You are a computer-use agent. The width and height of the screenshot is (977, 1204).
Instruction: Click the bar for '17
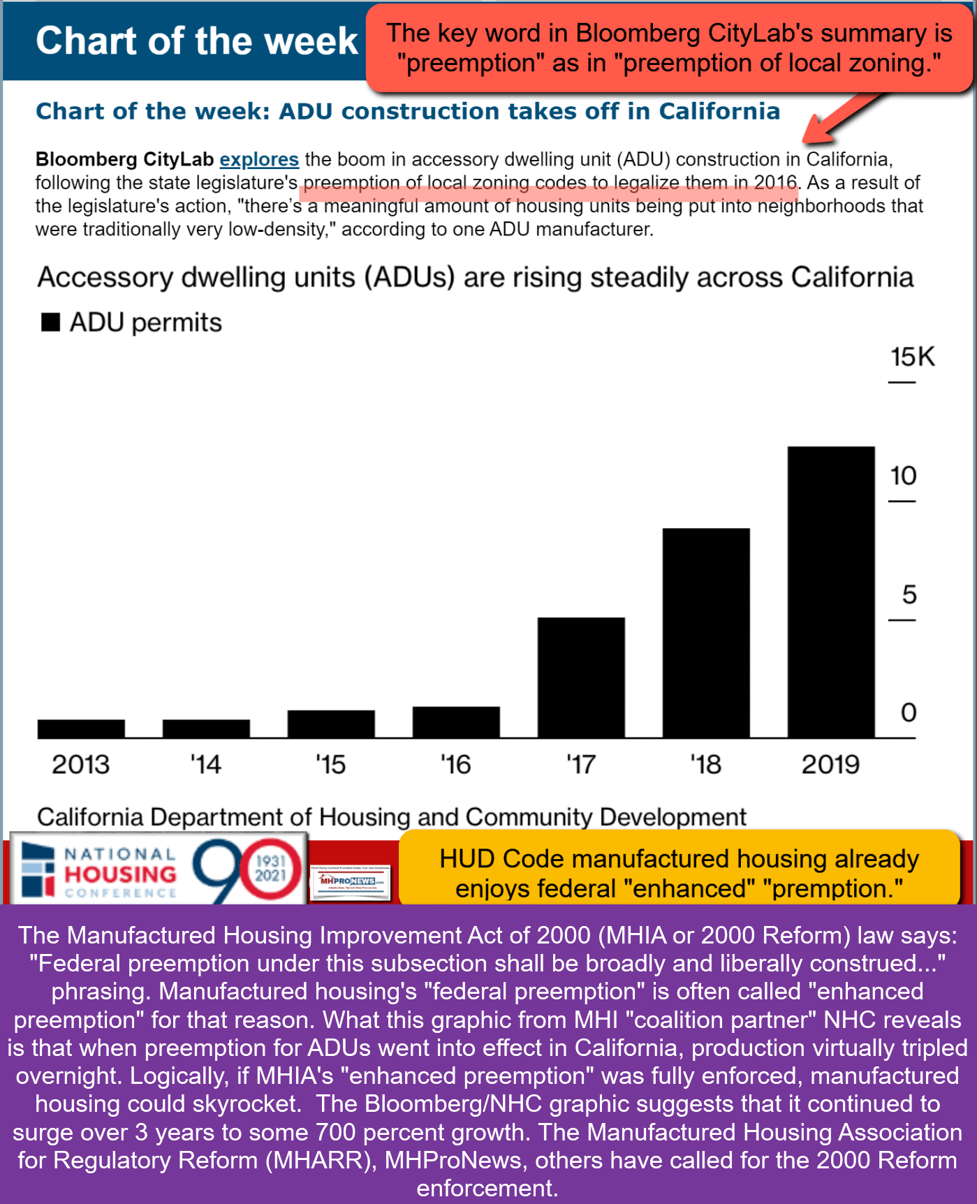point(581,677)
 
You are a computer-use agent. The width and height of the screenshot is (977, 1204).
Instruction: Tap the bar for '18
point(706,633)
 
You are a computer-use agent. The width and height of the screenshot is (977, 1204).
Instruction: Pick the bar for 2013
point(81,728)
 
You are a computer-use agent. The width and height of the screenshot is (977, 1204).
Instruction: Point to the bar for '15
point(331,724)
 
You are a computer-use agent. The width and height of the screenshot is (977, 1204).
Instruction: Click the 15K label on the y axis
point(912,357)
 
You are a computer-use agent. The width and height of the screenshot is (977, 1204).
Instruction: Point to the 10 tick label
point(903,476)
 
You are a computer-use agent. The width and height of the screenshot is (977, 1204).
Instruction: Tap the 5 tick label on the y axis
point(909,595)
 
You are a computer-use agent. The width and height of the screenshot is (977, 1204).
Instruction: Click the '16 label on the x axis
point(455,765)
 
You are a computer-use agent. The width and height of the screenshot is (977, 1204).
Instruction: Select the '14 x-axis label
point(206,765)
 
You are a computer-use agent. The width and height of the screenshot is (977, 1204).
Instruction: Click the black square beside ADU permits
point(50,322)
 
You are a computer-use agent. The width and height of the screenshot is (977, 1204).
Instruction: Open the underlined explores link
point(259,159)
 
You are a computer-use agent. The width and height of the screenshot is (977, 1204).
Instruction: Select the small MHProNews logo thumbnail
point(349,881)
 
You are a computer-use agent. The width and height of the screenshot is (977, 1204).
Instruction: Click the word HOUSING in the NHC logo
point(120,874)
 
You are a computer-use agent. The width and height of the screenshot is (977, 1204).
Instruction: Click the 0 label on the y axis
point(909,713)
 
